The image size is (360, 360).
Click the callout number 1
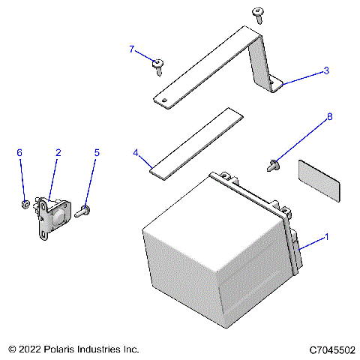coord(326,237)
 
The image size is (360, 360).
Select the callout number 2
coord(58,152)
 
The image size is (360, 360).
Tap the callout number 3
coord(326,70)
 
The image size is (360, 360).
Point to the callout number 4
coord(136,152)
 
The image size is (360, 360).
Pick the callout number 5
coord(96,152)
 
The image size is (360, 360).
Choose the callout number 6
coord(19,152)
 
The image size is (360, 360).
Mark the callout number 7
coord(132,49)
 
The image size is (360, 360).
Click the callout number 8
coord(328,117)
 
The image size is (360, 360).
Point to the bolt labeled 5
coord(83,211)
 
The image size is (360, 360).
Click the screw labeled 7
coord(158,67)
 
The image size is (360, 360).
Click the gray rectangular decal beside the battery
coord(318,181)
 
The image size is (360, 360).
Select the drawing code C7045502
coord(331,349)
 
